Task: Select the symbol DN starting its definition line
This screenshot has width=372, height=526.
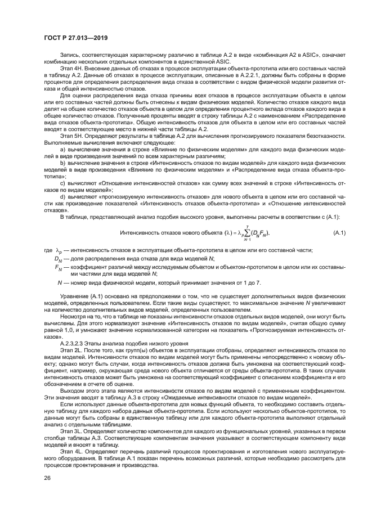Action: [x=58, y=259]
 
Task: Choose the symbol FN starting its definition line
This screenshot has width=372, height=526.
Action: [x=58, y=268]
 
